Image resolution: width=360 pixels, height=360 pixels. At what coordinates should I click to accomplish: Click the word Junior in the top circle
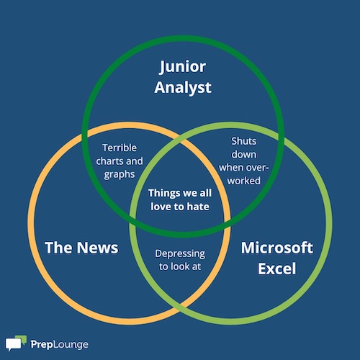pyautogui.click(x=182, y=67)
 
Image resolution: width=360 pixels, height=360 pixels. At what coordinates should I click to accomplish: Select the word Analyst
pyautogui.click(x=183, y=88)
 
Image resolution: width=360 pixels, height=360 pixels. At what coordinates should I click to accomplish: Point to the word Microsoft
pyautogui.click(x=277, y=248)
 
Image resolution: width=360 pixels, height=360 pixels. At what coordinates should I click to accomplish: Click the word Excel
pyautogui.click(x=276, y=269)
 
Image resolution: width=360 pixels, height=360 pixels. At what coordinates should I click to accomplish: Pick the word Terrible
pyautogui.click(x=120, y=148)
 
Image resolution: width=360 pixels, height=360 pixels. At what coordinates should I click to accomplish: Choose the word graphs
pyautogui.click(x=120, y=175)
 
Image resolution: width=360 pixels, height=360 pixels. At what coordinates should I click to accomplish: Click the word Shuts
pyautogui.click(x=244, y=141)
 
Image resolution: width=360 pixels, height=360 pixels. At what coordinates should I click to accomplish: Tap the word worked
pyautogui.click(x=244, y=181)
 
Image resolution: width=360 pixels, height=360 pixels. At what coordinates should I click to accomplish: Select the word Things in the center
pyautogui.click(x=164, y=193)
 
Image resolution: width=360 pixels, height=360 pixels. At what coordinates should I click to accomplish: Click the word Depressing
pyautogui.click(x=180, y=254)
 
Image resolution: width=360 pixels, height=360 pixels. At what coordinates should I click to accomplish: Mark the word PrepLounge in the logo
pyautogui.click(x=59, y=345)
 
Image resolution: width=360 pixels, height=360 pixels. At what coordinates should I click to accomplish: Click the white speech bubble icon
pyautogui.click(x=14, y=344)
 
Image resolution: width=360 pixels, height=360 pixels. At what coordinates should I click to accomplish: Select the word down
pyautogui.click(x=244, y=154)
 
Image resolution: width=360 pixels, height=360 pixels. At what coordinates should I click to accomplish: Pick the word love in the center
pyautogui.click(x=161, y=207)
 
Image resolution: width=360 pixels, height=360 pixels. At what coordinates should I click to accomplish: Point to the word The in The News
pyautogui.click(x=58, y=248)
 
